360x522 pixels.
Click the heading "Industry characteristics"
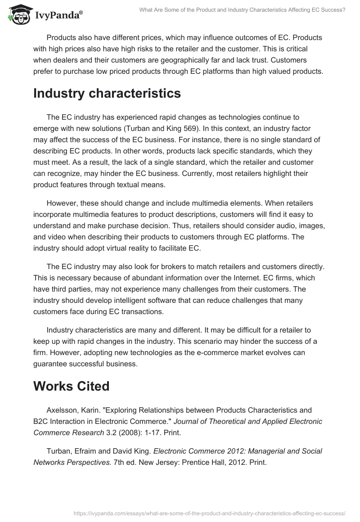coord(107,93)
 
